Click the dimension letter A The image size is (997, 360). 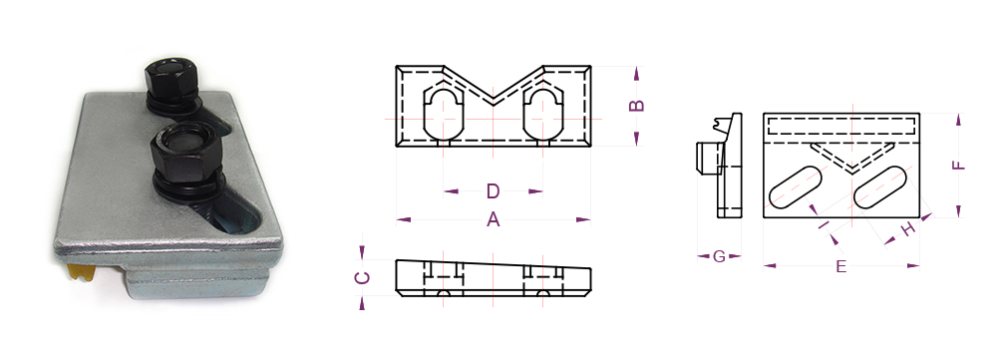pos(494,219)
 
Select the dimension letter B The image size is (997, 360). pos(636,106)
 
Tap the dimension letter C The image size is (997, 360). pos(362,278)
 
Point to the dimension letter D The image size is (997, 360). pos(494,190)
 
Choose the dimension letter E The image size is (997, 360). pos(840,266)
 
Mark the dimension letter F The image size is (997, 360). pos(958,166)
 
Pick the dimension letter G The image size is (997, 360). pos(719,256)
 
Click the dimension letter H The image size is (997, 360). pos(909,229)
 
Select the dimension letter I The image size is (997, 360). pos(825,224)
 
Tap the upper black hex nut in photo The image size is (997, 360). pos(171,77)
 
